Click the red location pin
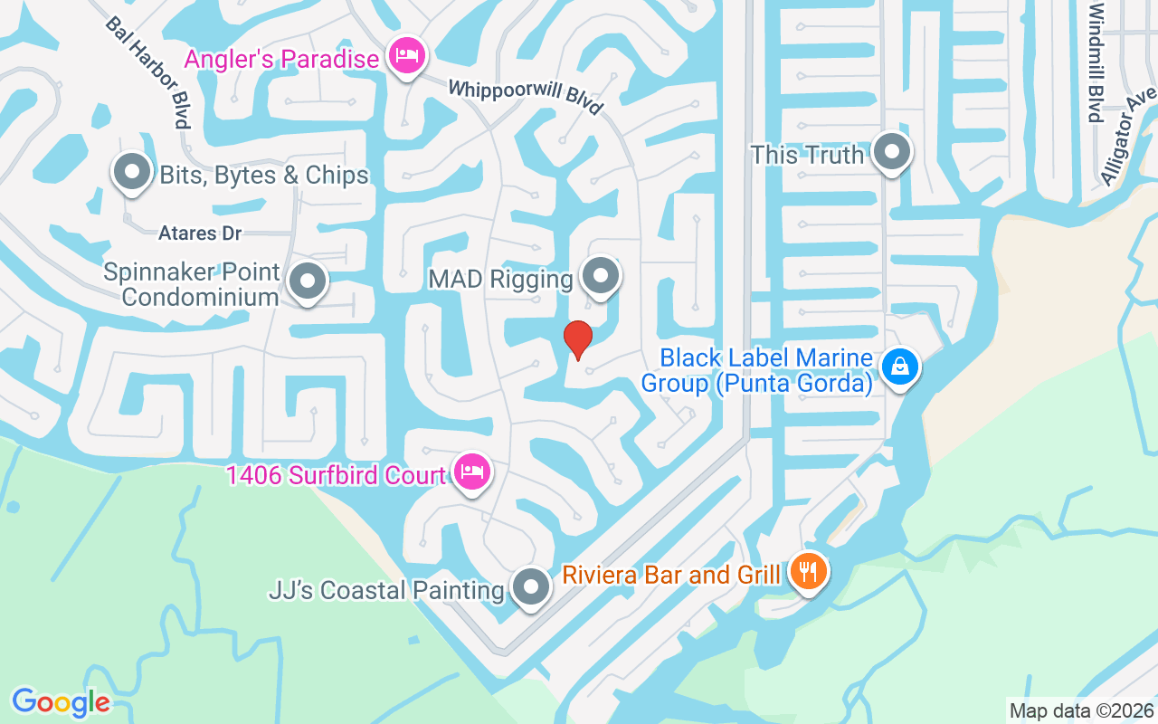[x=577, y=339]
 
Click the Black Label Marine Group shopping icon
[x=900, y=367]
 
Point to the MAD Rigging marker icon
[x=598, y=276]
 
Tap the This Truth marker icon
[x=893, y=153]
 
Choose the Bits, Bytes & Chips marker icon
[x=132, y=172]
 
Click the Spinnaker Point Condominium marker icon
[x=308, y=281]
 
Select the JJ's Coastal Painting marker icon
[x=531, y=587]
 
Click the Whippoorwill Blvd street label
[x=526, y=97]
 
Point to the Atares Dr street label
[x=200, y=233]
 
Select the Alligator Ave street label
[x=1128, y=136]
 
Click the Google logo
[x=61, y=702]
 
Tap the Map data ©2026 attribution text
[x=1081, y=710]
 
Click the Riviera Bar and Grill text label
[x=671, y=575]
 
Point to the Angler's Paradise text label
[x=281, y=60]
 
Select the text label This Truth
[x=807, y=155]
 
